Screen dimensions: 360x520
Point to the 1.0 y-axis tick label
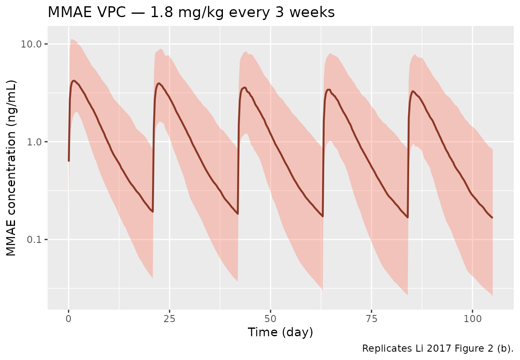pos(35,142)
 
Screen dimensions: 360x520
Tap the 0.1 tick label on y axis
pos(35,240)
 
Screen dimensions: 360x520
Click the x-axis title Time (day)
pos(280,332)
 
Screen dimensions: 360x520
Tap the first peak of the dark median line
pos(74,81)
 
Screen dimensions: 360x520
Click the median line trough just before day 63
pos(322,216)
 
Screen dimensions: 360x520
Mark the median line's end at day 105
pos(492,217)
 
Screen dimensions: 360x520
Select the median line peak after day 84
pos(413,91)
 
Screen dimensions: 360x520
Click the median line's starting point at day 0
pos(69,161)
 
